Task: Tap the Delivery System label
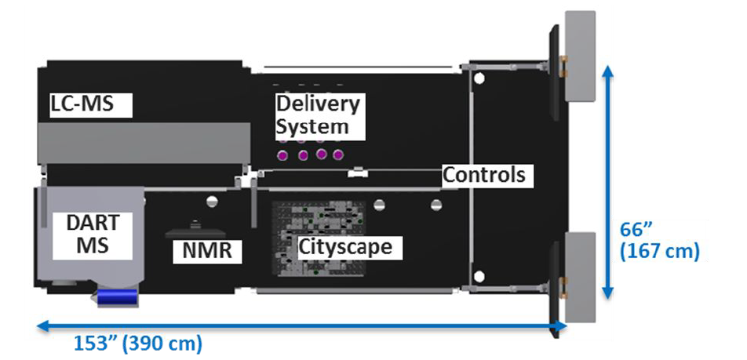pos(317,115)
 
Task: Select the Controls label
pos(483,174)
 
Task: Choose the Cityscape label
pos(344,248)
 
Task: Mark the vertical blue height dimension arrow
pos(607,181)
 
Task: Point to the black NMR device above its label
pos(196,233)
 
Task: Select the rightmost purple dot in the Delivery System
pos(339,154)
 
